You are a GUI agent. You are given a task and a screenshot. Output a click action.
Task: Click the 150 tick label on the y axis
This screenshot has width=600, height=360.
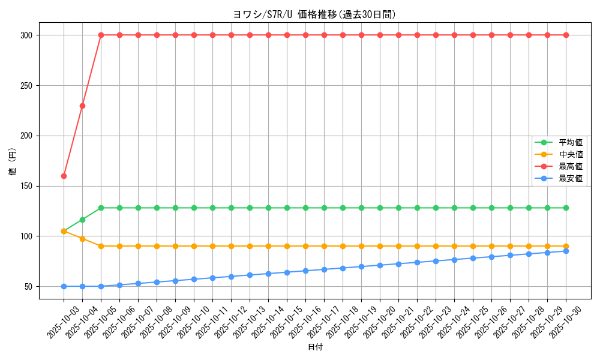pyautogui.click(x=28, y=186)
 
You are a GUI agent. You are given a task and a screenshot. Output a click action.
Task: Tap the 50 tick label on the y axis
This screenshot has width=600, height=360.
pyautogui.click(x=29, y=286)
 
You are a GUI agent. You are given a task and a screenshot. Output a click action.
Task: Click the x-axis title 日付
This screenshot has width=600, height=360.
pyautogui.click(x=315, y=347)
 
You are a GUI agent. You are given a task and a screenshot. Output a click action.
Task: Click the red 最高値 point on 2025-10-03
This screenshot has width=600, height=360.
pyautogui.click(x=64, y=176)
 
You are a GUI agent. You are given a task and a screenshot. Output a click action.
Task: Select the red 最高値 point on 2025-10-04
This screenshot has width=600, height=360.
pyautogui.click(x=82, y=106)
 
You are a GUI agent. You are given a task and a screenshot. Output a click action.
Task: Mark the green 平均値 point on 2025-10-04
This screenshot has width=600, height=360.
pyautogui.click(x=82, y=220)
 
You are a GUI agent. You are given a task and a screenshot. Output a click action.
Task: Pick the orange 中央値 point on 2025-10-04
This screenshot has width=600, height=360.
pyautogui.click(x=82, y=238)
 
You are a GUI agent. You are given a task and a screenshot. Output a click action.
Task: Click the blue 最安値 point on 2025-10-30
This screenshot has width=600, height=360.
pyautogui.click(x=566, y=251)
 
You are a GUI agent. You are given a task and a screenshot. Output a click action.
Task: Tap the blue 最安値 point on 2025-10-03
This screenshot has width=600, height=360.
pyautogui.click(x=64, y=286)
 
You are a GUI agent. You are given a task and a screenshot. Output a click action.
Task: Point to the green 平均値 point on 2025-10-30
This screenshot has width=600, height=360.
pyautogui.click(x=566, y=208)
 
